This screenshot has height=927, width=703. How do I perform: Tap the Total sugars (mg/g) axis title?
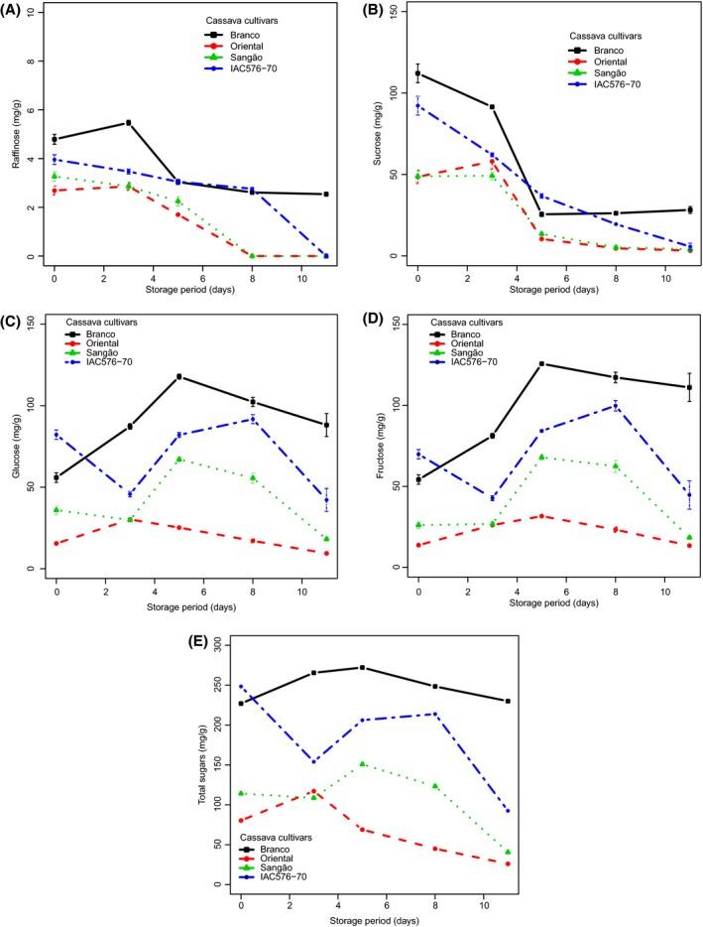click(203, 764)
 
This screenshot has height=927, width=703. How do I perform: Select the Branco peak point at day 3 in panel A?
click(128, 123)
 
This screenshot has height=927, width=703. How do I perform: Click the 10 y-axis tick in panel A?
click(34, 13)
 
